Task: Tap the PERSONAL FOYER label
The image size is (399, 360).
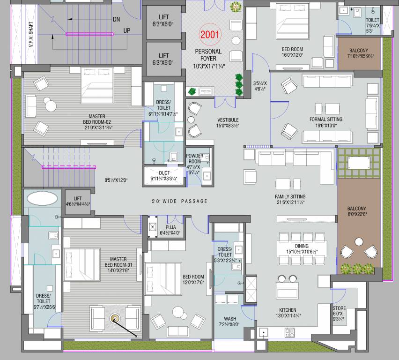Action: coord(209,52)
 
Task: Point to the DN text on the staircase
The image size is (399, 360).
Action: coord(117,19)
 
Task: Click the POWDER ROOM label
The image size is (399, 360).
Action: coord(194,159)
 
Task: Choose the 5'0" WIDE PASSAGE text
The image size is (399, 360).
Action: coord(179,202)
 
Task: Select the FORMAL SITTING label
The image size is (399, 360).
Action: coord(325,120)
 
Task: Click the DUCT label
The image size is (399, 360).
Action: coord(164,172)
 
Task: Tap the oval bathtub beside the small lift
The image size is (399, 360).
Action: coord(43,198)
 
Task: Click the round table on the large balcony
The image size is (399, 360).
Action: coord(359,242)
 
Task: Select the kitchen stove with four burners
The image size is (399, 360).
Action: coord(289,333)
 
